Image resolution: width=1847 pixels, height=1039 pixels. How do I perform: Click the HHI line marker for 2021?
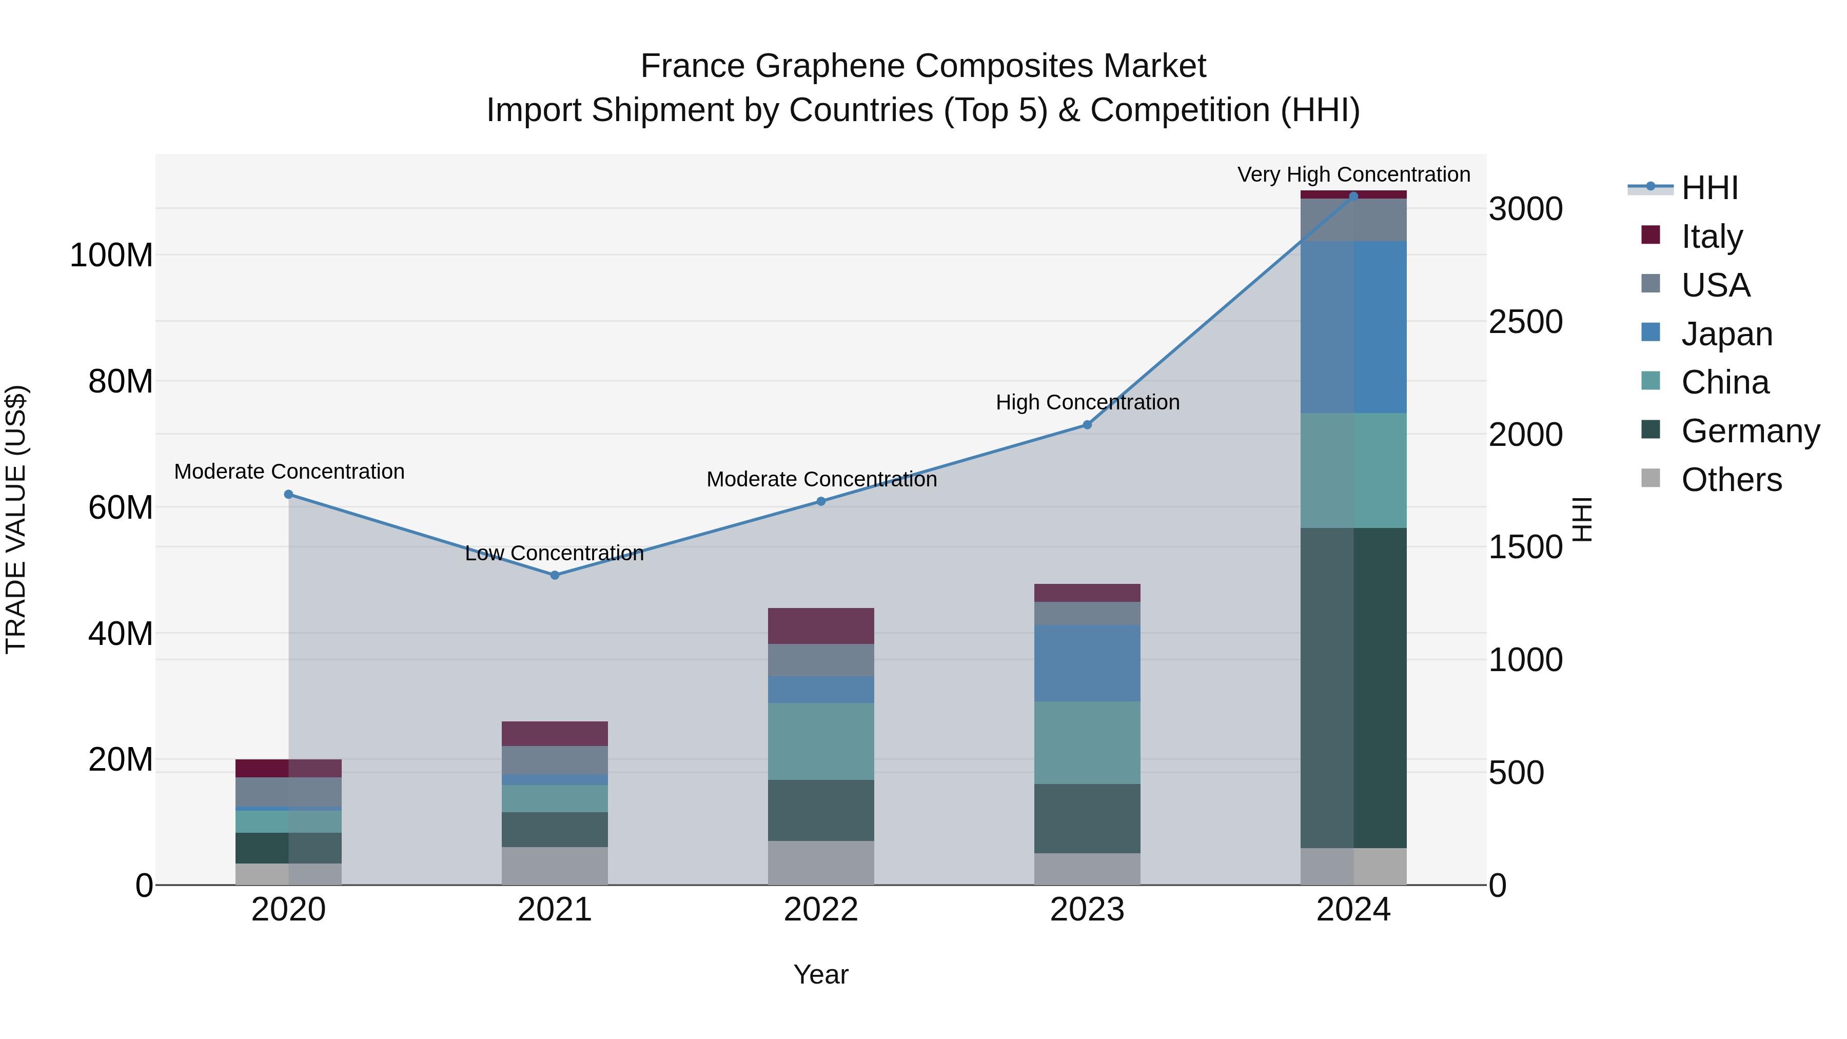pyautogui.click(x=554, y=575)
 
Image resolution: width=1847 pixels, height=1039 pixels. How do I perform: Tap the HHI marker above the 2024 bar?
pyautogui.click(x=1353, y=196)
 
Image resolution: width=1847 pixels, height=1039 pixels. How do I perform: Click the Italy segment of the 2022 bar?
pyautogui.click(x=821, y=626)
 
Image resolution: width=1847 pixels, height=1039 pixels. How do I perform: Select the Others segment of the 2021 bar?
pyautogui.click(x=554, y=866)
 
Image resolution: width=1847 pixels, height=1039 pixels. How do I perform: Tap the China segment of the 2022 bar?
pyautogui.click(x=821, y=741)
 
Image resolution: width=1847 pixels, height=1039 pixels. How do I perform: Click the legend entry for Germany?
pyautogui.click(x=1750, y=431)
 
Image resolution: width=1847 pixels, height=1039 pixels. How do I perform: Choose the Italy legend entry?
pyautogui.click(x=1712, y=237)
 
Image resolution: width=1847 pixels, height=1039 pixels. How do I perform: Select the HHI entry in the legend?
pyautogui.click(x=1710, y=188)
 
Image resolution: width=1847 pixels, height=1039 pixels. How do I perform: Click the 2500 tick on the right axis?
pyautogui.click(x=1525, y=322)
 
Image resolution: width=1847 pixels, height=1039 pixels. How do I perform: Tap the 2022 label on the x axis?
pyautogui.click(x=821, y=910)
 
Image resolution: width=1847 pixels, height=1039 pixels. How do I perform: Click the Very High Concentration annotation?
pyautogui.click(x=1353, y=174)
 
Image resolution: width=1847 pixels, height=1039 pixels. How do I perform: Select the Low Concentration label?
pyautogui.click(x=554, y=553)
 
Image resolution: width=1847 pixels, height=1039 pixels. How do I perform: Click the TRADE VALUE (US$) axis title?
pyautogui.click(x=16, y=519)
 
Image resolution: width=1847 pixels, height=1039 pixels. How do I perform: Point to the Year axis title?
pyautogui.click(x=821, y=974)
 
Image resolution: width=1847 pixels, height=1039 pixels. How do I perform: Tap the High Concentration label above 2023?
pyautogui.click(x=1087, y=402)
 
